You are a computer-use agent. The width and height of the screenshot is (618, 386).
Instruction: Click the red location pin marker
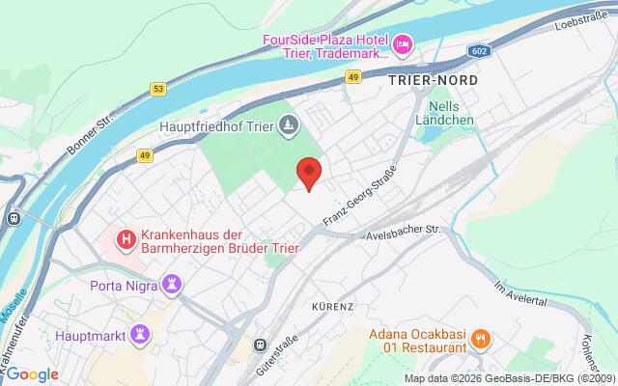pos(309,173)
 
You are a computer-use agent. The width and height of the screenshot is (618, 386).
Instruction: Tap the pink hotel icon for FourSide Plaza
pos(402,42)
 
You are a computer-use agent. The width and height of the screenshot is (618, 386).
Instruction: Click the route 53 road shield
pos(156,89)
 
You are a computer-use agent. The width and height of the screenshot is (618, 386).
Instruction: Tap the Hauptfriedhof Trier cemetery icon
pos(288,124)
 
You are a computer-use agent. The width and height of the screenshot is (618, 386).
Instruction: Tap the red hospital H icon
pos(125,237)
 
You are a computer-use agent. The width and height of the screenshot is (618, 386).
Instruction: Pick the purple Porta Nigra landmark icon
pos(173,285)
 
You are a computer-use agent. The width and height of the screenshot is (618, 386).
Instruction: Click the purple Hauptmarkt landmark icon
pos(142,333)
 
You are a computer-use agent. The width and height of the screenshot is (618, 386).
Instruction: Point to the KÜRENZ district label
pos(333,306)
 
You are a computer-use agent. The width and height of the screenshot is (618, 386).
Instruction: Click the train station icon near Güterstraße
pos(260,344)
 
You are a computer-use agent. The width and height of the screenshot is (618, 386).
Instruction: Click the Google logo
pos(32,374)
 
